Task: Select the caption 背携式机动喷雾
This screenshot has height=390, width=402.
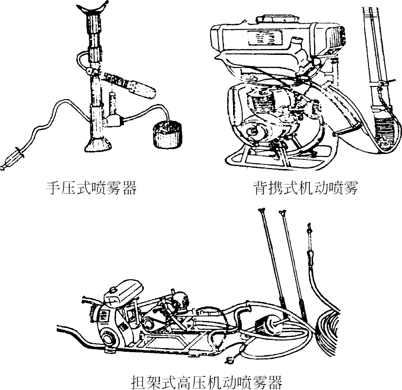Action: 305,187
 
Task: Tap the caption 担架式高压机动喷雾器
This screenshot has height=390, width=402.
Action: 207,380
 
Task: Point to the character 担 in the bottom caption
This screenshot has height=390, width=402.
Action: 139,380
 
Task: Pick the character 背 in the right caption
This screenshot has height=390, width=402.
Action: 260,187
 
